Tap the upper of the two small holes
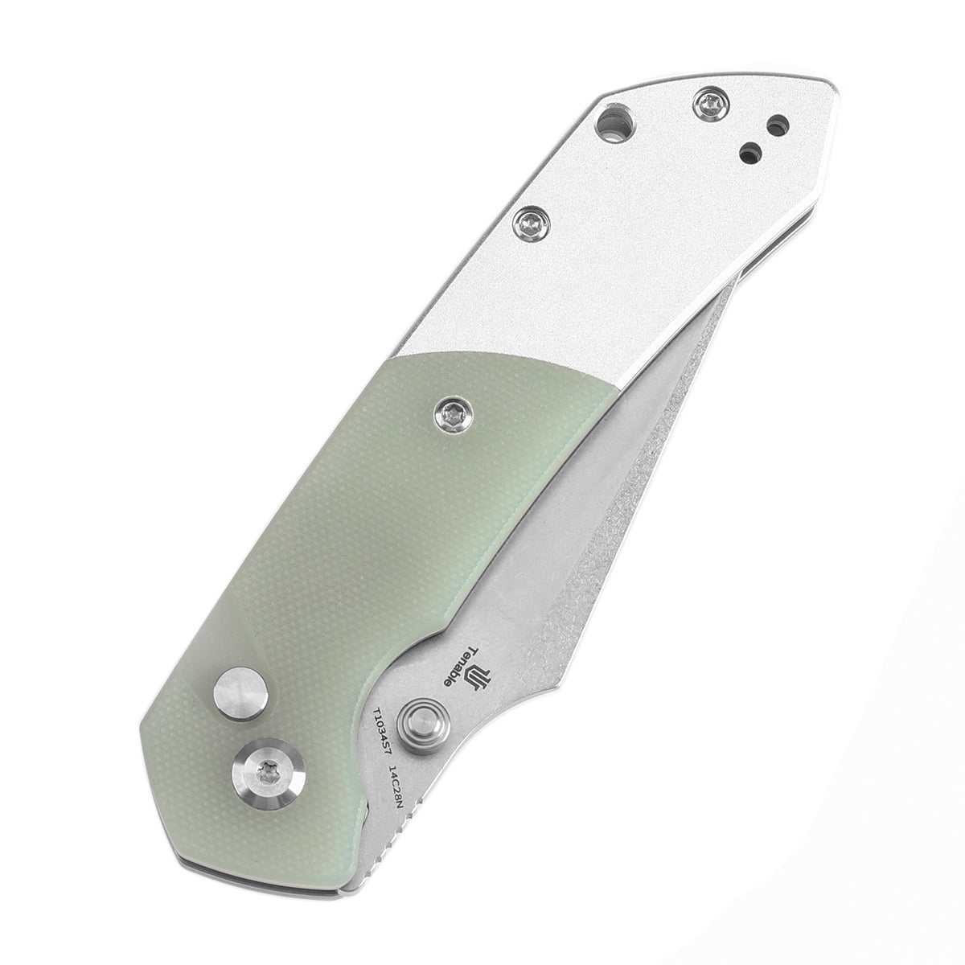click(x=777, y=125)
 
